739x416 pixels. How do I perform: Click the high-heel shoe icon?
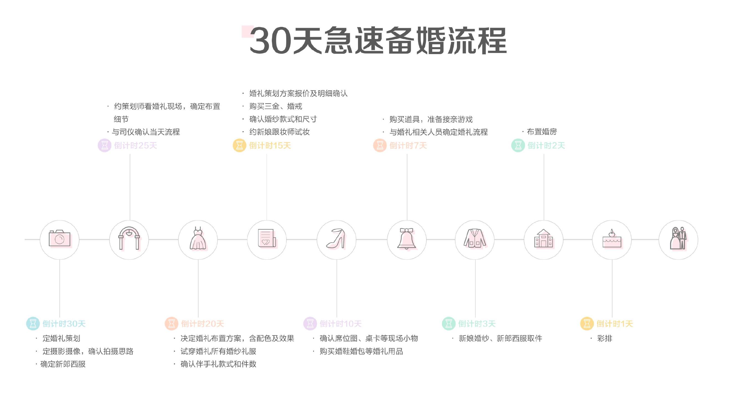click(x=336, y=238)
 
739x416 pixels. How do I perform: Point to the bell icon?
click(x=406, y=239)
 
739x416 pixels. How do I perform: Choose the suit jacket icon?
click(x=475, y=238)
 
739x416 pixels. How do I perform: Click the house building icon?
click(x=543, y=238)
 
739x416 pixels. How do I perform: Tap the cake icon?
click(x=612, y=238)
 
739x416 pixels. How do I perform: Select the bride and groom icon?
click(x=679, y=238)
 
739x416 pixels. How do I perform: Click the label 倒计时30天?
click(x=64, y=324)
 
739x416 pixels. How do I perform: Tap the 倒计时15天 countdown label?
click(x=270, y=146)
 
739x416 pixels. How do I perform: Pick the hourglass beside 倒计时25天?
click(x=104, y=146)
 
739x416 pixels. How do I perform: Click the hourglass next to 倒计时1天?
click(x=587, y=324)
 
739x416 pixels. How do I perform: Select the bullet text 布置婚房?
click(x=542, y=132)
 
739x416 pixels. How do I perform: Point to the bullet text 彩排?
click(x=605, y=338)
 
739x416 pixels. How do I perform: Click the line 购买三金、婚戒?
click(x=276, y=106)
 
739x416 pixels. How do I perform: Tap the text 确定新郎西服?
click(x=63, y=364)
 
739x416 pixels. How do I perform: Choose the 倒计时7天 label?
click(x=408, y=146)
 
